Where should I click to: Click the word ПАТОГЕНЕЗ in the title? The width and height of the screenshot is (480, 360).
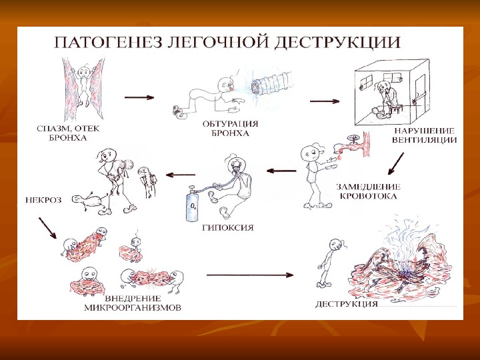104,45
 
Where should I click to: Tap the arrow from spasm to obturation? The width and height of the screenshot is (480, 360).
140,97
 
